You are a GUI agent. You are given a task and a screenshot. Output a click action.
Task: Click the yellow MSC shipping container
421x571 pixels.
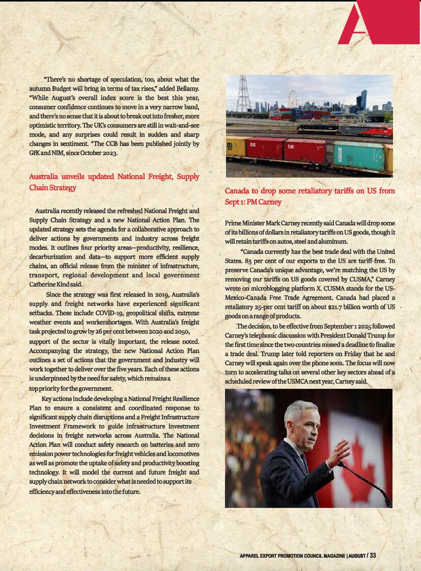point(235,147)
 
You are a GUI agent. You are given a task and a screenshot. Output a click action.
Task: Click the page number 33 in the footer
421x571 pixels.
point(373,555)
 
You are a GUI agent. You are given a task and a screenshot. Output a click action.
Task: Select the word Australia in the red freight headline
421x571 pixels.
point(44,177)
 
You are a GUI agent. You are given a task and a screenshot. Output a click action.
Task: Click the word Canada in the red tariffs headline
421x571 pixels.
point(237,191)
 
